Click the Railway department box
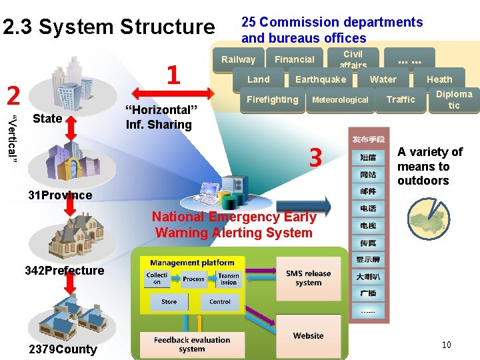pos(239,59)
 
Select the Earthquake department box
pos(321,79)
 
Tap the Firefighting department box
pos(272,100)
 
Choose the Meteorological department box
pos(340,100)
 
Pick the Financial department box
pos(295,59)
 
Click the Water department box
pos(383,79)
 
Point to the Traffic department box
pos(401,100)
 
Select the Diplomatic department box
pos(454,99)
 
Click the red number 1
pos(173,75)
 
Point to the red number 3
pos(315,158)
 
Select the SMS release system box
pos(308,278)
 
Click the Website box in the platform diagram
pos(308,335)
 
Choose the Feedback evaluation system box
pos(192,344)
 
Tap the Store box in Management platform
pos(169,301)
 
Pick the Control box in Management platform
pos(220,301)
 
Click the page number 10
pos(447,345)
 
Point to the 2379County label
pos(63,349)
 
